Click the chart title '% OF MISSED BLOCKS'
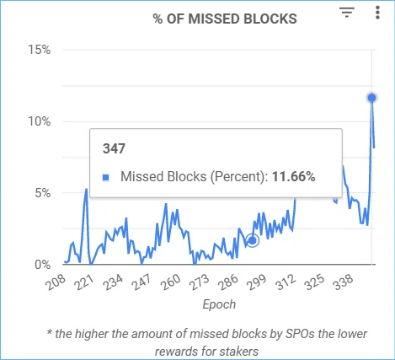(x=225, y=19)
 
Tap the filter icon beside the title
(x=347, y=13)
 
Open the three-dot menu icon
(x=377, y=13)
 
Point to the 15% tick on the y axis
(x=40, y=50)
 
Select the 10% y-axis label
(x=40, y=121)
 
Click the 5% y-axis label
(x=43, y=193)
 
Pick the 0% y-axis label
(x=43, y=265)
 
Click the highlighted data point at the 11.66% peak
(x=372, y=98)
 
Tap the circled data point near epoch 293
(x=253, y=240)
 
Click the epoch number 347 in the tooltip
(x=114, y=148)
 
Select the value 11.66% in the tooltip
(x=294, y=177)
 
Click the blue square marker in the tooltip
(x=106, y=177)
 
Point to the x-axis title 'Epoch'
(x=219, y=304)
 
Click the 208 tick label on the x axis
(x=56, y=282)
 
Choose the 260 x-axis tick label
(x=171, y=282)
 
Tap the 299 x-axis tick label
(x=256, y=282)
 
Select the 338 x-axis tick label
(x=343, y=282)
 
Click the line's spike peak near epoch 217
(x=86, y=189)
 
